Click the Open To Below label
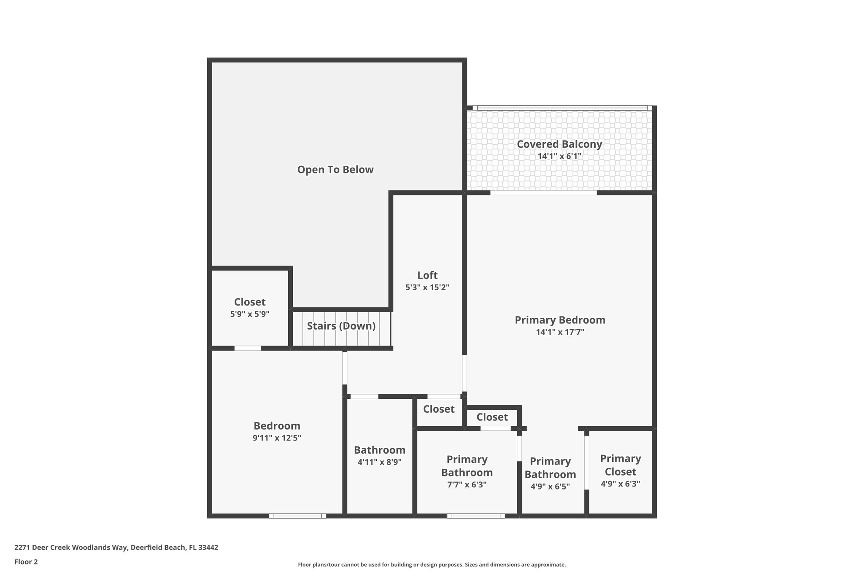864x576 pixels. pyautogui.click(x=335, y=170)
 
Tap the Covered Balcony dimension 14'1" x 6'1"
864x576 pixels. pyautogui.click(x=559, y=156)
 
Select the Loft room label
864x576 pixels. pyautogui.click(x=427, y=275)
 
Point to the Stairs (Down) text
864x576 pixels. pyautogui.click(x=341, y=326)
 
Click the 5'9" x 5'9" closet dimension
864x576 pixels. pyautogui.click(x=250, y=314)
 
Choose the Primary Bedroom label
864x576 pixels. pyautogui.click(x=560, y=320)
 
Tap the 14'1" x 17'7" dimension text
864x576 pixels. pyautogui.click(x=560, y=332)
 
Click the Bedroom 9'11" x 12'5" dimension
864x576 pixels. pyautogui.click(x=277, y=438)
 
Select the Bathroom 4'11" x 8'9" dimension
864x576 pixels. pyautogui.click(x=379, y=462)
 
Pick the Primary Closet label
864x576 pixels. pyautogui.click(x=620, y=465)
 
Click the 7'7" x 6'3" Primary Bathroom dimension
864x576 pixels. pyautogui.click(x=467, y=485)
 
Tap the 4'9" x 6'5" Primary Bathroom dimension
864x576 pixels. pyautogui.click(x=550, y=486)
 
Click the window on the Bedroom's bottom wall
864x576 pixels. pyautogui.click(x=297, y=516)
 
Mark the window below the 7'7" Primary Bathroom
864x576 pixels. pyautogui.click(x=476, y=516)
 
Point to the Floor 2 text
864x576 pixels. pyautogui.click(x=26, y=562)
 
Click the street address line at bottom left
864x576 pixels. pyautogui.click(x=116, y=547)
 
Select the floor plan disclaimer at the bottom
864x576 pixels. pyautogui.click(x=432, y=565)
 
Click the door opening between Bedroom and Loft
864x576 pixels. pyautogui.click(x=345, y=368)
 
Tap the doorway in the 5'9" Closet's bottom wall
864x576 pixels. pyautogui.click(x=248, y=348)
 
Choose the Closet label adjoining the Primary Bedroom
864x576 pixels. pyautogui.click(x=492, y=417)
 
